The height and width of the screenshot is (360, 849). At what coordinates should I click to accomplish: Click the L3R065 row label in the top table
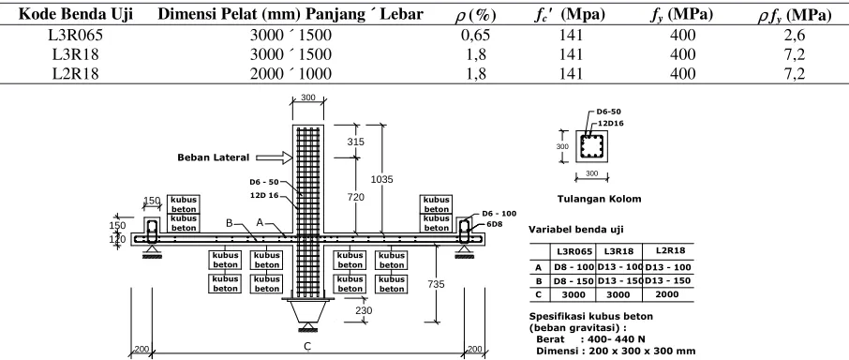pyautogui.click(x=75, y=36)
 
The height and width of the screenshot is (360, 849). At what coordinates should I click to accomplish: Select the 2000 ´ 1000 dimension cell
pyautogui.click(x=290, y=73)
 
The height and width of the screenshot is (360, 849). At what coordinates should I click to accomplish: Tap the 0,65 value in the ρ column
pyautogui.click(x=475, y=36)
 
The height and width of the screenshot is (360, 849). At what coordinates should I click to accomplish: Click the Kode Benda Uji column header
pyautogui.click(x=76, y=15)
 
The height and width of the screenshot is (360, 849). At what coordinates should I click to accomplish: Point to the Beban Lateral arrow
pyautogui.click(x=274, y=157)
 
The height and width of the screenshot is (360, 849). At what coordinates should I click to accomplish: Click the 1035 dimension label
pyautogui.click(x=381, y=179)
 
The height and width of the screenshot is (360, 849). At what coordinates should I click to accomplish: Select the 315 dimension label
pyautogui.click(x=355, y=142)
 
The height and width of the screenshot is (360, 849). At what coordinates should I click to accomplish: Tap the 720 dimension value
pyautogui.click(x=355, y=198)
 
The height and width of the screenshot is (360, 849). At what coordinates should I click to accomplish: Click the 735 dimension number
pyautogui.click(x=437, y=284)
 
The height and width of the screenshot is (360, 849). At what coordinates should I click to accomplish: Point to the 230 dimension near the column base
pyautogui.click(x=364, y=310)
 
